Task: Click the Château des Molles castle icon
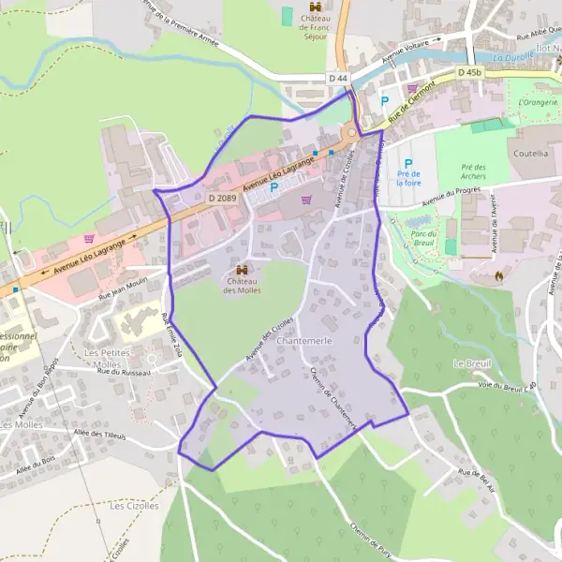[x=243, y=272]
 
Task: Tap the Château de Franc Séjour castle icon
[x=315, y=7]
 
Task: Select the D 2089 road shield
[x=222, y=199]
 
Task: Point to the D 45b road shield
[x=470, y=72]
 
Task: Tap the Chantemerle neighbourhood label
[x=304, y=343]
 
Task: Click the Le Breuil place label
[x=471, y=362]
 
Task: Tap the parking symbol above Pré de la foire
[x=408, y=163]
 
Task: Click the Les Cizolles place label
[x=132, y=505]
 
